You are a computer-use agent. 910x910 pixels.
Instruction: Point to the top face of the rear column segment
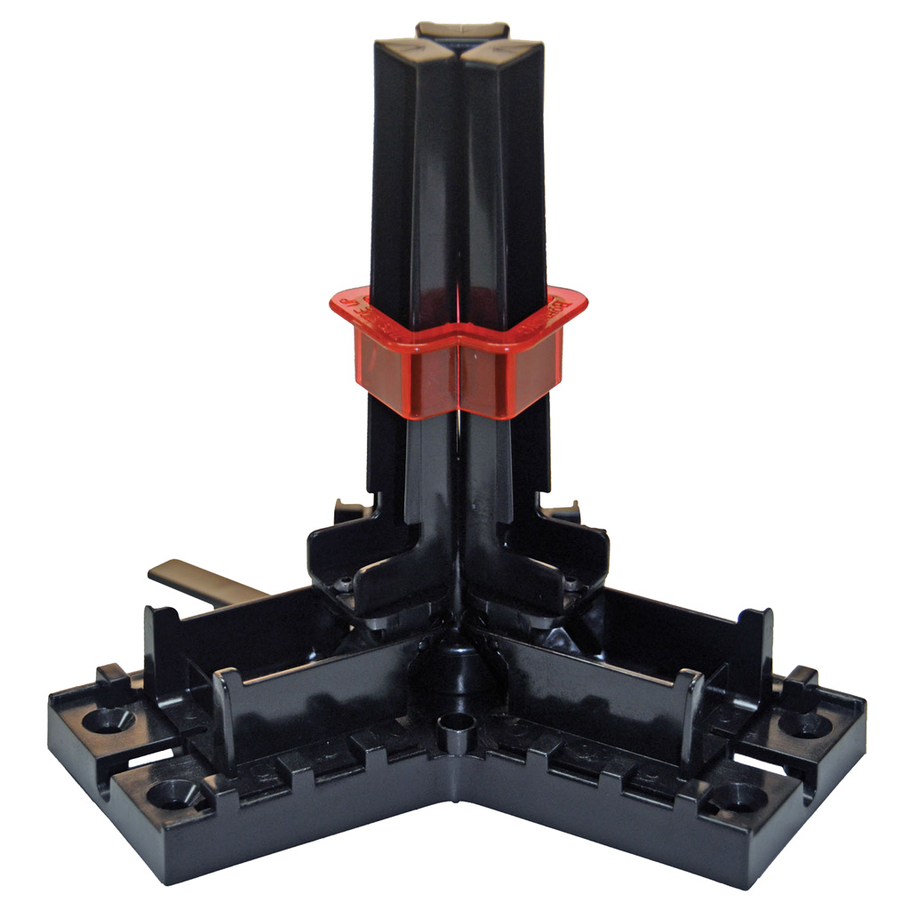tap(461, 29)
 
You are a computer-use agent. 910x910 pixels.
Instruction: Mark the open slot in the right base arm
tap(771, 764)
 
